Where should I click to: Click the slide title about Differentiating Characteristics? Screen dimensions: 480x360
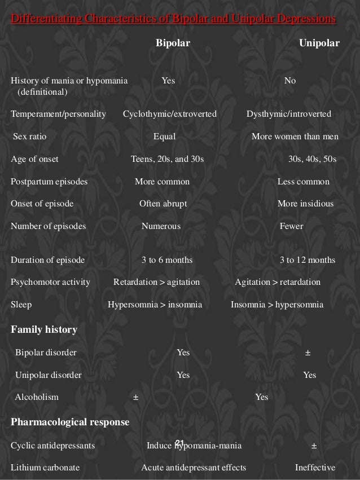173,20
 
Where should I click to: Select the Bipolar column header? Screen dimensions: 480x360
173,43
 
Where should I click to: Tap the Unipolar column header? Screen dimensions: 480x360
319,43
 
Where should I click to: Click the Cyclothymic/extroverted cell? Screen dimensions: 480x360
170,114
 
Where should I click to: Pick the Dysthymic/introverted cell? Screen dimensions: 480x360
289,114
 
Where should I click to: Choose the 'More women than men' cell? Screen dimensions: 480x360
295,136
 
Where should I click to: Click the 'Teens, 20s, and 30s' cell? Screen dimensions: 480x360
167,159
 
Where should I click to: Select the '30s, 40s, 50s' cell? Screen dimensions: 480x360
312,159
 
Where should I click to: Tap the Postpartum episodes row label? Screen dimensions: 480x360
49,182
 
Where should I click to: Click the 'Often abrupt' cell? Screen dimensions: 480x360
163,204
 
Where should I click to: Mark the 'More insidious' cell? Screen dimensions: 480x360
305,204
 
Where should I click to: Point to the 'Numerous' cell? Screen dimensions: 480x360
161,226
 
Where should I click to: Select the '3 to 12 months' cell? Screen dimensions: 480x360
308,260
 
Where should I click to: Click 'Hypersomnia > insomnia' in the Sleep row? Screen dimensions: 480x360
155,305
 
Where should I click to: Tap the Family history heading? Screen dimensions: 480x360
44,329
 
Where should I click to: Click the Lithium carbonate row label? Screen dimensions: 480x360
45,468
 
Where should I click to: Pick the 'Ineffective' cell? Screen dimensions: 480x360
315,468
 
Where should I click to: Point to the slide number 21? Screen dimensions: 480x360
180,442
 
